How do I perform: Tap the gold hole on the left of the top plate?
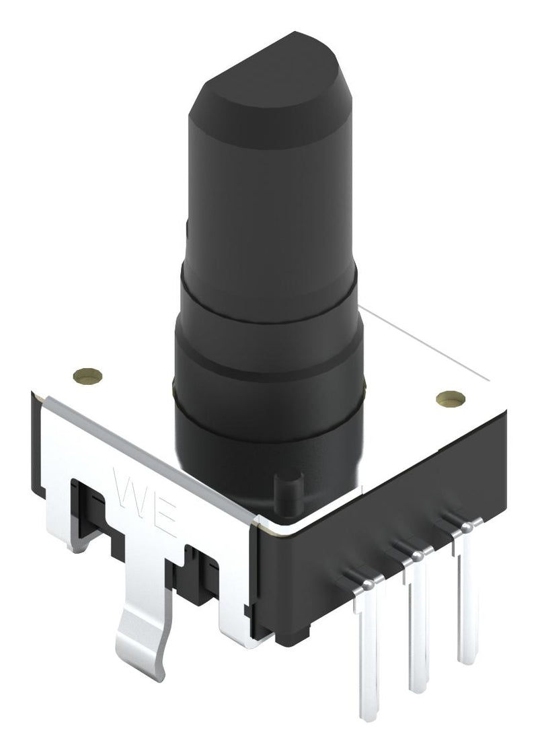tap(88, 375)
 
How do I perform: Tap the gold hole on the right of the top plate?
tap(450, 398)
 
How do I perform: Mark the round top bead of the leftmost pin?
tap(368, 587)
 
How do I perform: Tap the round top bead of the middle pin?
tap(417, 556)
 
